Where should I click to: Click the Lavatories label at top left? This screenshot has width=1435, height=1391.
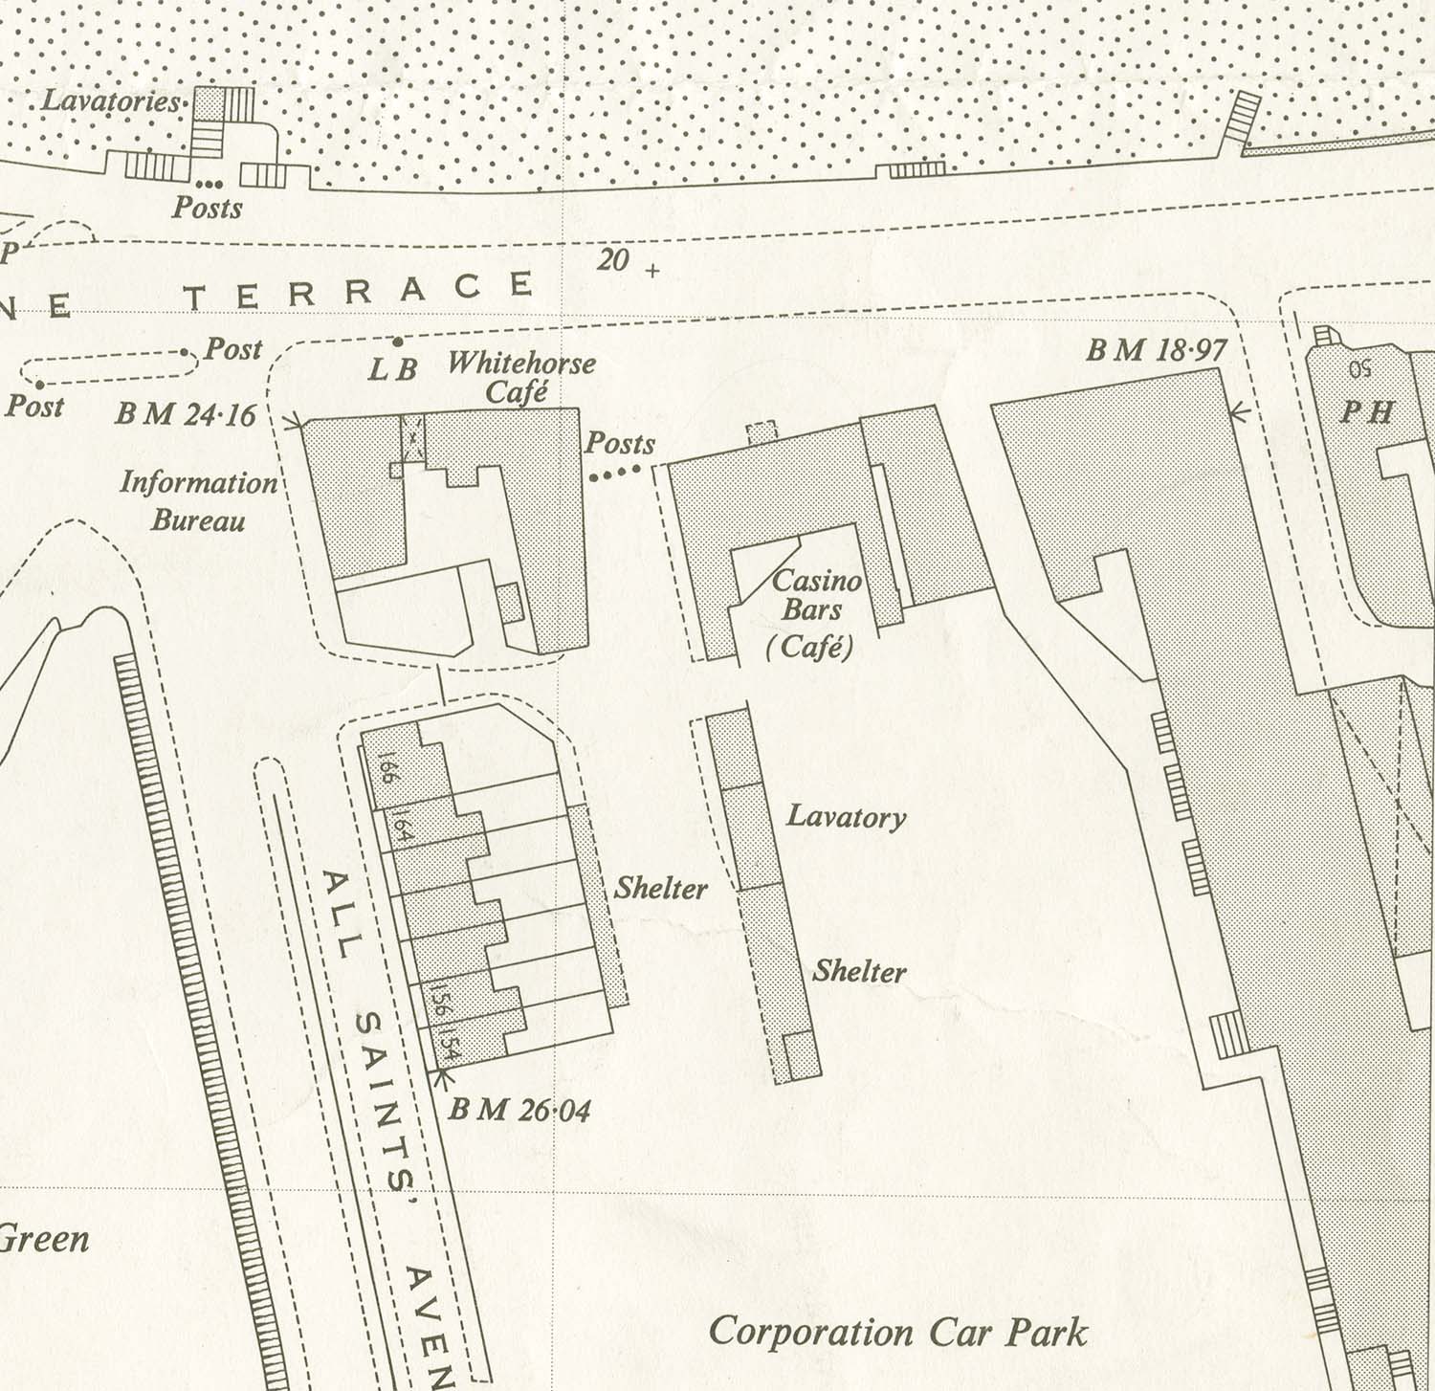click(111, 101)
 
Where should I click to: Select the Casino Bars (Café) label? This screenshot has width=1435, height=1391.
click(813, 612)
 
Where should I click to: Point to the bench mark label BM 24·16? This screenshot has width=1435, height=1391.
click(186, 415)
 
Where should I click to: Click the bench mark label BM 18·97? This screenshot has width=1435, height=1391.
click(1156, 351)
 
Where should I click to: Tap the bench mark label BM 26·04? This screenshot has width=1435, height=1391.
click(519, 1110)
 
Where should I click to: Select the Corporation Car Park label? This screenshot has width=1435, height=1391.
click(897, 1333)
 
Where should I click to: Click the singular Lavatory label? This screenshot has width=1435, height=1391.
click(846, 817)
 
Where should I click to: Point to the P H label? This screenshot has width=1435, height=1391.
click(1367, 411)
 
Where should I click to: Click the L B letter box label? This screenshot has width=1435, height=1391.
click(392, 369)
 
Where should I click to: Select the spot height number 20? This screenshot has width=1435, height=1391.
click(613, 259)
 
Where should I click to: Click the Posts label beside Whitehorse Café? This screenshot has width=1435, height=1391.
click(620, 444)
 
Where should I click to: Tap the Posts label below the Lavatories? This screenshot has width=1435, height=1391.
click(207, 208)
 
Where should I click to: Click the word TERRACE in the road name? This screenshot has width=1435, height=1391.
click(359, 291)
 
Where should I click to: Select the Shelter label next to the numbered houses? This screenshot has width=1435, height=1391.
click(660, 889)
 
